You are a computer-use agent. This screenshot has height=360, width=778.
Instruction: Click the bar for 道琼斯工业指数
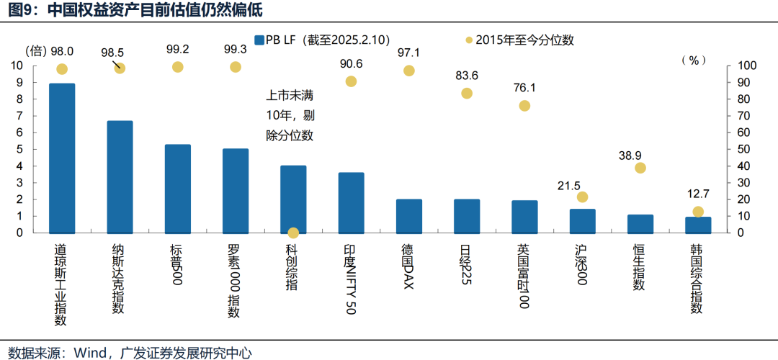tap(62, 158)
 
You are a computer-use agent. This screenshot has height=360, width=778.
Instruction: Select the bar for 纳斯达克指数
tap(120, 176)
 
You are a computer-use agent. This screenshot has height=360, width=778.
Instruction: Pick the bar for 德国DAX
tap(409, 216)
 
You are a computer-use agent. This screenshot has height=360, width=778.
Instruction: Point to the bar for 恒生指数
tap(640, 224)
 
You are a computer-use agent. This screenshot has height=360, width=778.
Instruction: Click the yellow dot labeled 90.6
tap(351, 81)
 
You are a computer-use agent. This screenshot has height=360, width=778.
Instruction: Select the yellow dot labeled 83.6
tap(467, 94)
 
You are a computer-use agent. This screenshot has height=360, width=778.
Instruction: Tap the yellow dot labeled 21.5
tap(582, 197)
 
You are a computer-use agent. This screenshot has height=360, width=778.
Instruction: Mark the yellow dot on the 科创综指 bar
tap(293, 233)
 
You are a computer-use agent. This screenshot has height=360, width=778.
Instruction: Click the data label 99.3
tap(236, 50)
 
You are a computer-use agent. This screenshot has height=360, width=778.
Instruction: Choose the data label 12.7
tap(697, 194)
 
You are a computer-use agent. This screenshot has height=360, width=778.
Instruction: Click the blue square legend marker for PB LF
tap(259, 40)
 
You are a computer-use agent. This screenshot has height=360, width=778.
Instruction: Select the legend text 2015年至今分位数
tap(525, 40)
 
